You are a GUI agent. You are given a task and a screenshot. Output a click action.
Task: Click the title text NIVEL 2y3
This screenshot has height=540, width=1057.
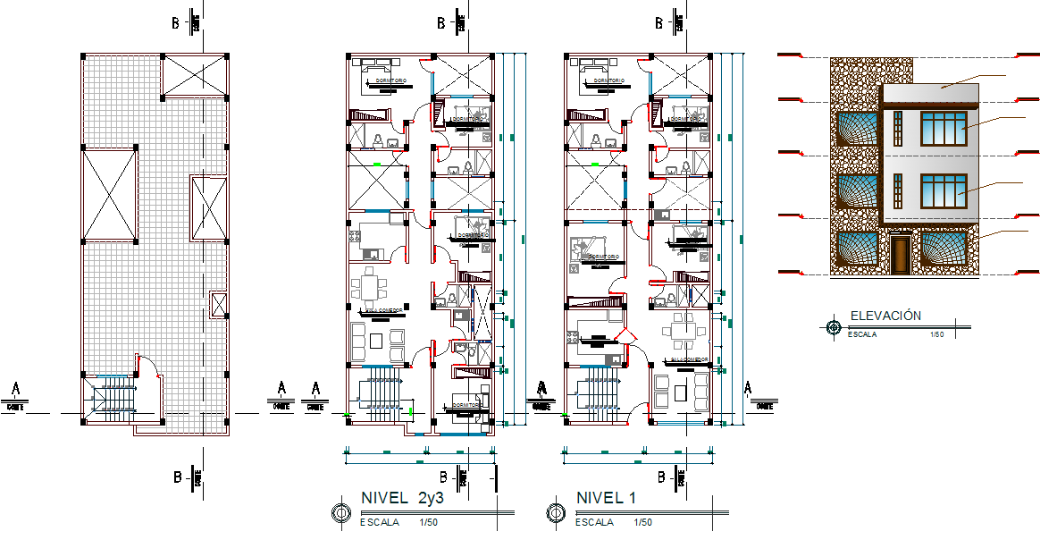(402, 498)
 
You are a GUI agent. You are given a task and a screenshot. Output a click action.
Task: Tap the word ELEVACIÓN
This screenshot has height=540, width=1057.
(885, 316)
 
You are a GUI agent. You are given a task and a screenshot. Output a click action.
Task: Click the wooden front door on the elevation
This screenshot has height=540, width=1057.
(900, 254)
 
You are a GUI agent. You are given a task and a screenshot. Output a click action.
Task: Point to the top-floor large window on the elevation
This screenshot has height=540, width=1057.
(944, 128)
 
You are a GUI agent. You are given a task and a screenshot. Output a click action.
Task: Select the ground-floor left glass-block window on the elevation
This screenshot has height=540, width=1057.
(855, 249)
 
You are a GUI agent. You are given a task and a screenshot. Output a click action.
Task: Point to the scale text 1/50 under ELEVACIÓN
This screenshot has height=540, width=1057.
(936, 334)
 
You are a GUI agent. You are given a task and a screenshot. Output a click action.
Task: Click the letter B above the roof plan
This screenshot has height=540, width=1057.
(180, 24)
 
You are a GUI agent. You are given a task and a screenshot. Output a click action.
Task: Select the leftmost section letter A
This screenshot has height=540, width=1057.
(15, 389)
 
